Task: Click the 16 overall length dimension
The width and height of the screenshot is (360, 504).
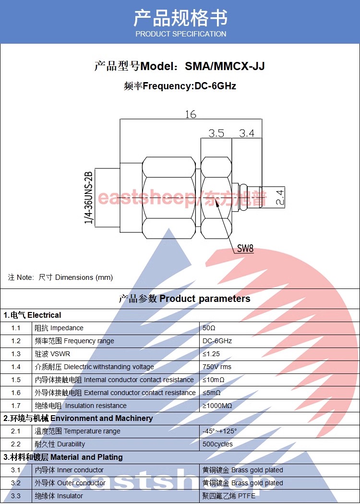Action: [190, 114]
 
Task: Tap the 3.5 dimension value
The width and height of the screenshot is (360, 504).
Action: [216, 133]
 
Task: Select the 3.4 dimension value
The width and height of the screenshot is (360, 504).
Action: [247, 133]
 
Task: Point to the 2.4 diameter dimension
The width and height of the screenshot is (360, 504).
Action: [280, 197]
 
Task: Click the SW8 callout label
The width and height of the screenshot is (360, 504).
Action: [245, 248]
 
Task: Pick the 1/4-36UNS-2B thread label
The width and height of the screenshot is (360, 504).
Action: [88, 198]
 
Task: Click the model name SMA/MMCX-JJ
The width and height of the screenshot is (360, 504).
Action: [225, 66]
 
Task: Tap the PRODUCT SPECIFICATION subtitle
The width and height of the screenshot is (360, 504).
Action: [180, 34]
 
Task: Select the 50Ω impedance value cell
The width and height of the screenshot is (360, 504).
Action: [209, 328]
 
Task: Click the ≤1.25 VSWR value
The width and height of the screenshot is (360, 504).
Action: [211, 354]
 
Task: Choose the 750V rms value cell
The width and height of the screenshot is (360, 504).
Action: [216, 367]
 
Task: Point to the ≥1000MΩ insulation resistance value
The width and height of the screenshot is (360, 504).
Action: [217, 406]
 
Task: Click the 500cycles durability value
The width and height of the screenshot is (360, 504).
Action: [217, 444]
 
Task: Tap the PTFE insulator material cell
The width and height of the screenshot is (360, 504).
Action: [229, 496]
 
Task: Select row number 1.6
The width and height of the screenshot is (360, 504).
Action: [16, 393]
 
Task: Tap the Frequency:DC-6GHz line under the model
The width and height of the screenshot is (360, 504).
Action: [180, 86]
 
